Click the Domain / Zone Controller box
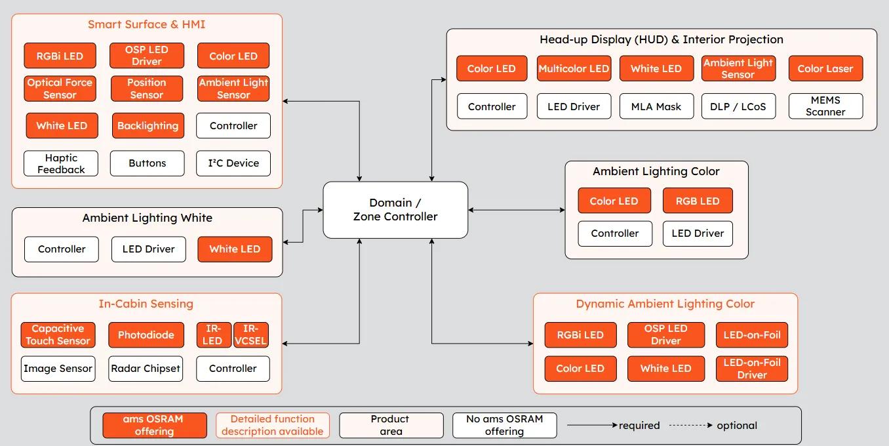(395, 210)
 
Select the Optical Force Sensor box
(60, 89)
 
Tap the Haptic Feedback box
(61, 163)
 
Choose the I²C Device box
(233, 163)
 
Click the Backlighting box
(148, 126)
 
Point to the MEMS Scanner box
(825, 106)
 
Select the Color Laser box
(825, 69)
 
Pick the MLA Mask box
(656, 106)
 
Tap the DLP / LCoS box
(738, 106)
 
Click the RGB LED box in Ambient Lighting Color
(698, 201)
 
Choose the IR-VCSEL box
(251, 334)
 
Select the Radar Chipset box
(146, 369)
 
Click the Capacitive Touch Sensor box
(58, 334)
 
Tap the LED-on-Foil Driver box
(751, 369)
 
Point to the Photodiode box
(146, 334)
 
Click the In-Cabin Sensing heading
(146, 304)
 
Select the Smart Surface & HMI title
(146, 24)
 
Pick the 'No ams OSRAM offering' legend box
(504, 425)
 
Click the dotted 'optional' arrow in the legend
(691, 426)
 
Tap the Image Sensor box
(58, 369)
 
